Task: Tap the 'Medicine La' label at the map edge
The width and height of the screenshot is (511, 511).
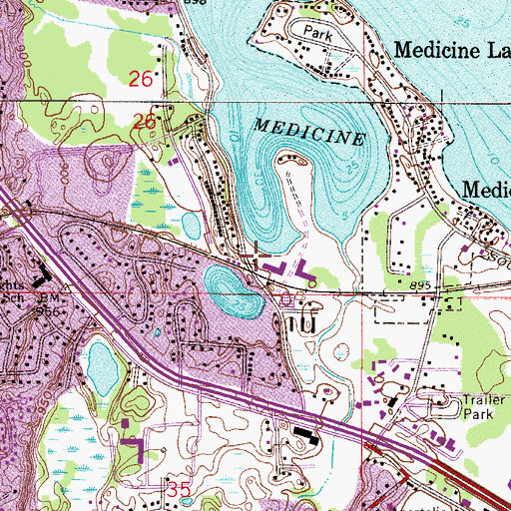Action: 451,49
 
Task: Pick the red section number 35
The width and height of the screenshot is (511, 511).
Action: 179,489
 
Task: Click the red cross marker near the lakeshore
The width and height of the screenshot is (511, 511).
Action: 258,256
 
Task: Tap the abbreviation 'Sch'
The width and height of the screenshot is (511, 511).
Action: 12,298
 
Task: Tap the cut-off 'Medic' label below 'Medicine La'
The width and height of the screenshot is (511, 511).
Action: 487,189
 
